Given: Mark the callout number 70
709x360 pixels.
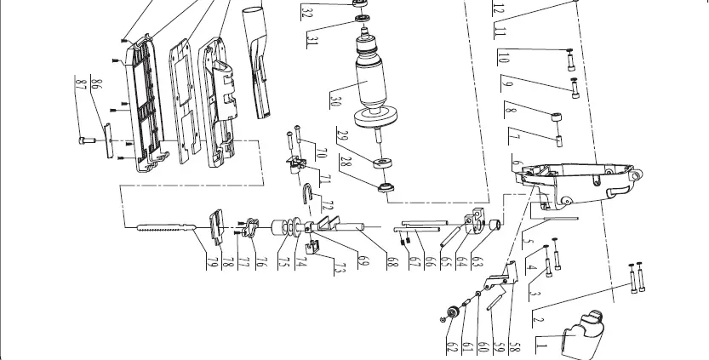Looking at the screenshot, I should (x=321, y=154).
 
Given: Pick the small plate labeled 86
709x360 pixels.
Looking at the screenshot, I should (x=109, y=140).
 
